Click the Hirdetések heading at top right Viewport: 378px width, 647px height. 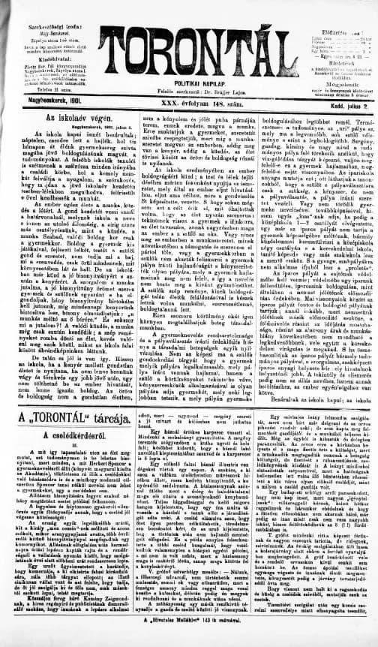tap(329, 43)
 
